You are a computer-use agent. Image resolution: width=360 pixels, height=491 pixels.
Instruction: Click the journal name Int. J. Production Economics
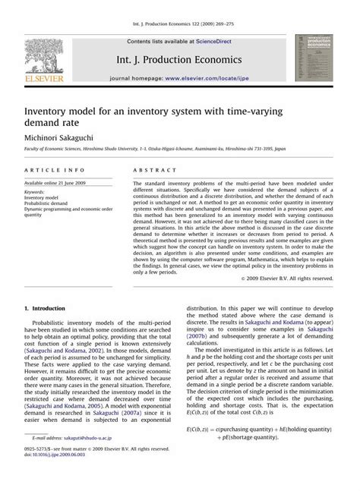pyautogui.click(x=179, y=58)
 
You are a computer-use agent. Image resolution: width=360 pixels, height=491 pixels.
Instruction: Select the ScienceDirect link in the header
pyautogui.click(x=216, y=41)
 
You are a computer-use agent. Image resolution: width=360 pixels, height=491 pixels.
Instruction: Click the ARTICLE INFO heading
pyautogui.click(x=49, y=172)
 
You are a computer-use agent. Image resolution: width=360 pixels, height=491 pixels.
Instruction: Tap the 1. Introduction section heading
pyautogui.click(x=46, y=309)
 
